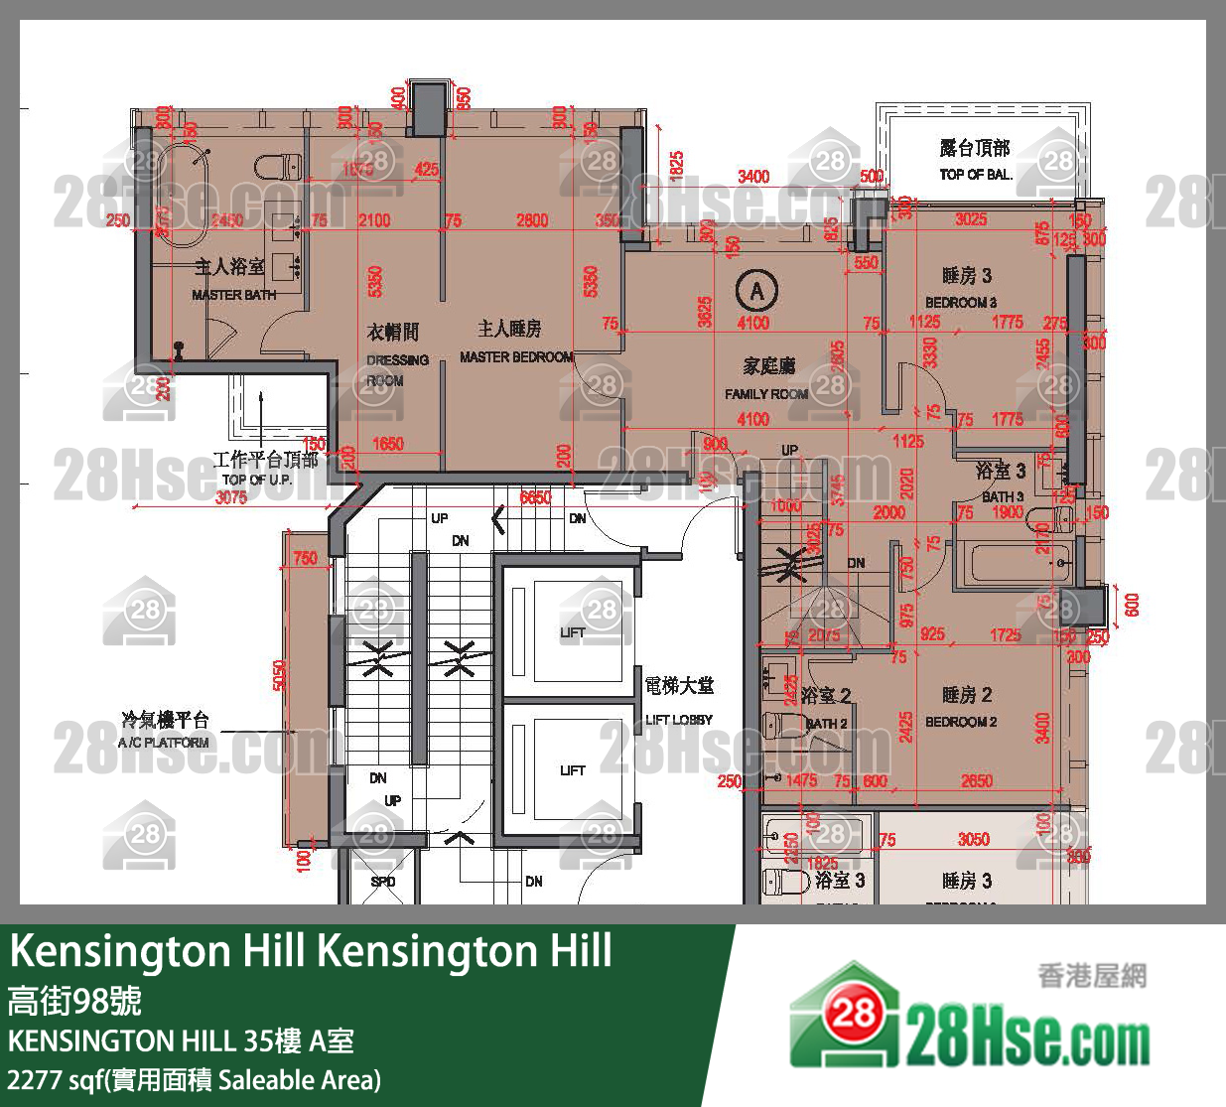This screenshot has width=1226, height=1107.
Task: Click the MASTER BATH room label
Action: click(233, 295)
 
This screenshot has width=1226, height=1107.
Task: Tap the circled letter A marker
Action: click(757, 291)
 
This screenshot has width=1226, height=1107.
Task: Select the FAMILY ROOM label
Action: click(766, 394)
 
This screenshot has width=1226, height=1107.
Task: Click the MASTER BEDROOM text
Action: click(516, 356)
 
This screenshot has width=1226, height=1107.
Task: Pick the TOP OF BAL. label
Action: click(976, 175)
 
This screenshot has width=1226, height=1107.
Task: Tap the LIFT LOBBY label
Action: click(679, 720)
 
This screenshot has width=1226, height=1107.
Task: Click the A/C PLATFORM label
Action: click(164, 743)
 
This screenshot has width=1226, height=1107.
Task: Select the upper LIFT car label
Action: click(573, 632)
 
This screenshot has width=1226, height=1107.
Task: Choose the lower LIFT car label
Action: click(573, 770)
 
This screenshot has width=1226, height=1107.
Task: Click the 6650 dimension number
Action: click(535, 497)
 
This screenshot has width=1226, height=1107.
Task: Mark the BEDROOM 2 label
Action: click(961, 722)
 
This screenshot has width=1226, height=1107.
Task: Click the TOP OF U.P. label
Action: click(257, 480)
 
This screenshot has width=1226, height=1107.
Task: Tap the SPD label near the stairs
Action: click(383, 882)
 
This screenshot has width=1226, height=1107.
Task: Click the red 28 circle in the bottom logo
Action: click(853, 1013)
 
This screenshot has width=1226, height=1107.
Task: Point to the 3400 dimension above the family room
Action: click(753, 177)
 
